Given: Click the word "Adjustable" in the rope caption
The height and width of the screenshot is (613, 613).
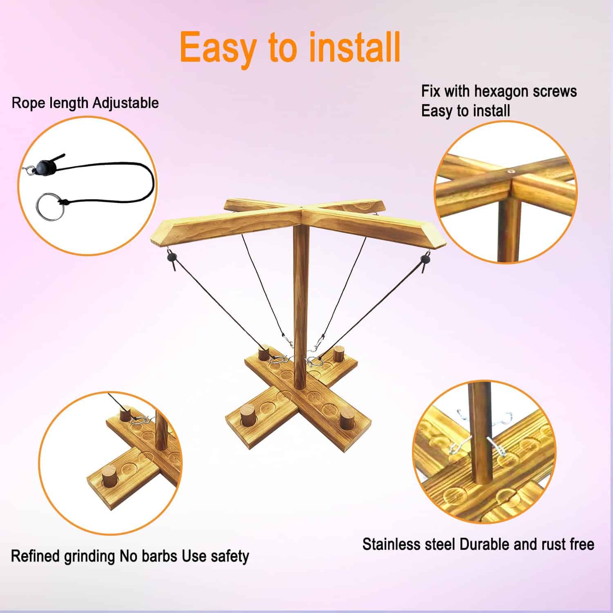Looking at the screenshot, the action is point(125,103).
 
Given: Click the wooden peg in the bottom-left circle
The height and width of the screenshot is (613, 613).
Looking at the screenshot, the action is point(109,477).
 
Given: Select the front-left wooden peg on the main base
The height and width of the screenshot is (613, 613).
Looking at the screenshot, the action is point(247,416).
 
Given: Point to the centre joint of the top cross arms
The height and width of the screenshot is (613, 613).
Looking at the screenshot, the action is point(301,211).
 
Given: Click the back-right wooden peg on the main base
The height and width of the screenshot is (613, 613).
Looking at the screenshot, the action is point(338,354).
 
